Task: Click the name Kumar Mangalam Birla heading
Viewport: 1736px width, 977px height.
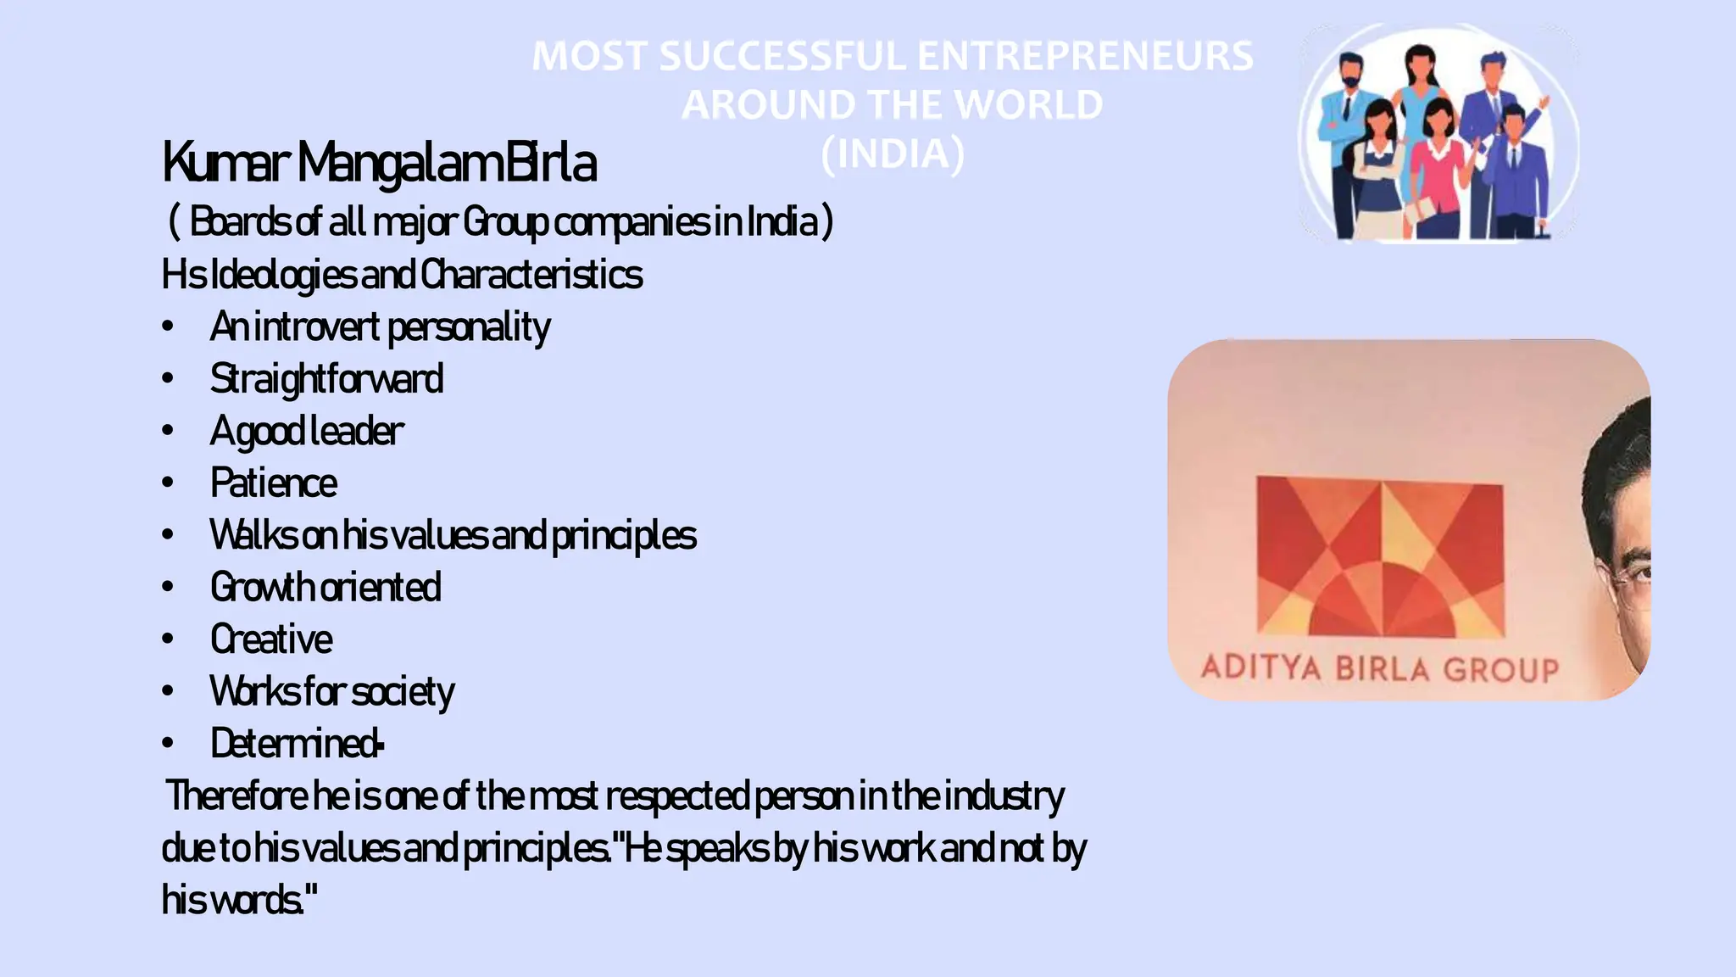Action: tap(379, 163)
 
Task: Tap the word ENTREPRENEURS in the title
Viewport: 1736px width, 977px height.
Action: tap(1085, 57)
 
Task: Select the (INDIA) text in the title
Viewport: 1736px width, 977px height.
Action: tap(893, 154)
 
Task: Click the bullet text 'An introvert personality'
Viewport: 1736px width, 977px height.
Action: tap(380, 327)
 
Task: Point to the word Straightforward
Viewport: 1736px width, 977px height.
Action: tap(326, 379)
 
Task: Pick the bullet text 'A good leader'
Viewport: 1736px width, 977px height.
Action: tap(307, 432)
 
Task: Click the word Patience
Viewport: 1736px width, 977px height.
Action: tap(273, 483)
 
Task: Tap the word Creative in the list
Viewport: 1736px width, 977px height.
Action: tap(271, 639)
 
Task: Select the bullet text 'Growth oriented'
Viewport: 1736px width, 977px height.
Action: tap(325, 588)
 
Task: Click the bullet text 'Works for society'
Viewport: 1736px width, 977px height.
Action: tap(332, 692)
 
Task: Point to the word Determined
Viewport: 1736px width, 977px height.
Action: tap(296, 744)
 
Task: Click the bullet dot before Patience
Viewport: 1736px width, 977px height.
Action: tap(168, 483)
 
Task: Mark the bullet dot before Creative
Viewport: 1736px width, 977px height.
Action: tap(168, 639)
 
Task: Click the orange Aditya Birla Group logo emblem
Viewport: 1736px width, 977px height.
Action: tap(1380, 556)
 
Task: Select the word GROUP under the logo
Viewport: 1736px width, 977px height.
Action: tap(1501, 670)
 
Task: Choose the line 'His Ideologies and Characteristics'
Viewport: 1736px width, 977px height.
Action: tap(402, 275)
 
